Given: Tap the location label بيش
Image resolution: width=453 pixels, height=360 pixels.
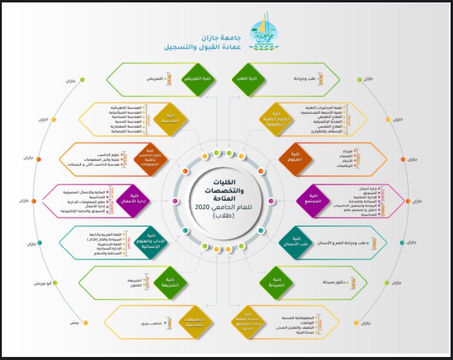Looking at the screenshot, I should pyautogui.click(x=74, y=323).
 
